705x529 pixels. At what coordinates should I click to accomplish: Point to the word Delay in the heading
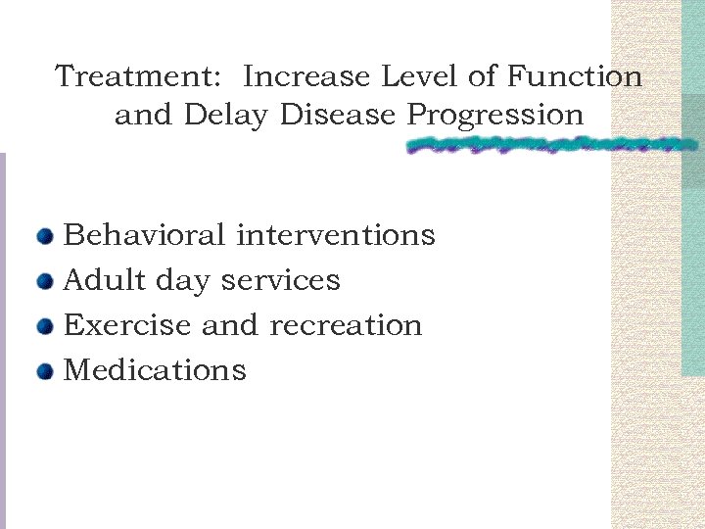225,116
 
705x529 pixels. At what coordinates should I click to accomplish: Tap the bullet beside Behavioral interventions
45,236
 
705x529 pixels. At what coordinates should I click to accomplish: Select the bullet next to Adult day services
45,281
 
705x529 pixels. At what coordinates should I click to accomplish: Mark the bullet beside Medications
45,371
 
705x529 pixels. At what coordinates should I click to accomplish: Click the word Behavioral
144,235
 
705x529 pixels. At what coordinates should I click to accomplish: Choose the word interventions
336,235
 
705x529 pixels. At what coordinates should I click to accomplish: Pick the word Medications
155,370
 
